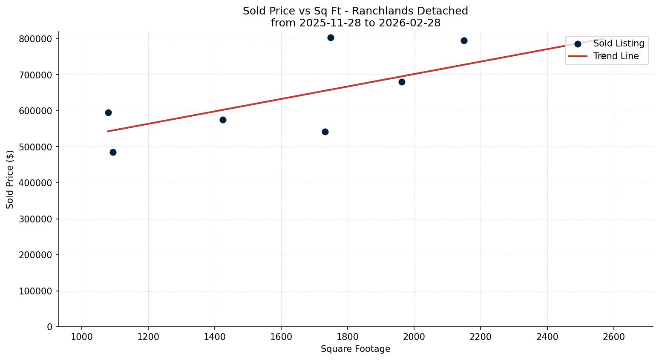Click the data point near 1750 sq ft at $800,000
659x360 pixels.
(331, 37)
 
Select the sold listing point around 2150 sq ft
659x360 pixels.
(464, 40)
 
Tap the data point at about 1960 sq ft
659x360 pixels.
(402, 82)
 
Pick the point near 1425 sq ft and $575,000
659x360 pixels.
(223, 120)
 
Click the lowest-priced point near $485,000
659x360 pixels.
(113, 152)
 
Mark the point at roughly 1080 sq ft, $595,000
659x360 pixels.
(108, 112)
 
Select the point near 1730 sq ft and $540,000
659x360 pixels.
(325, 132)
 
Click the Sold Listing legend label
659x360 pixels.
(619, 43)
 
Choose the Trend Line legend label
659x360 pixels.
(616, 56)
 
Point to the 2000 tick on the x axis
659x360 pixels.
(414, 337)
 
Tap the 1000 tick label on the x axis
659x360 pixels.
(82, 337)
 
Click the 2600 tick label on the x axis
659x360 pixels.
(613, 337)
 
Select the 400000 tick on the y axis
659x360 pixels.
(36, 183)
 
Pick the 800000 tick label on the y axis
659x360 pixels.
(36, 39)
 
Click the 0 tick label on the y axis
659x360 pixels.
(50, 327)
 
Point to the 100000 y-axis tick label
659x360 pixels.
(36, 291)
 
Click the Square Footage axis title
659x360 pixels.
(355, 349)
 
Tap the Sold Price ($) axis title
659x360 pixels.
(10, 179)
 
